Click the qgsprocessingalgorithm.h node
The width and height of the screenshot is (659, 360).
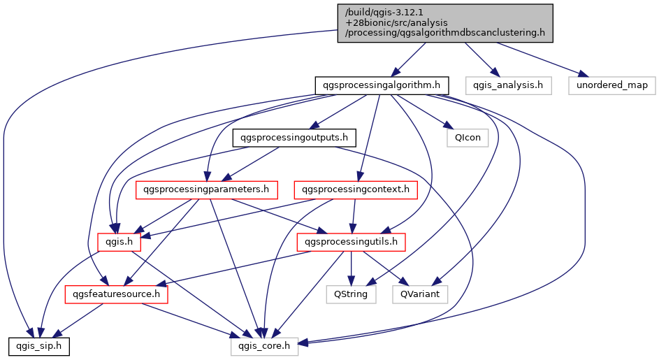pyautogui.click(x=381, y=86)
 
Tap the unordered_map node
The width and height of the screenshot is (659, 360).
pyautogui.click(x=611, y=86)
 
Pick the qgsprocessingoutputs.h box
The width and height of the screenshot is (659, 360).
pyautogui.click(x=294, y=138)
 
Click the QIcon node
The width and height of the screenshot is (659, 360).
pyautogui.click(x=468, y=138)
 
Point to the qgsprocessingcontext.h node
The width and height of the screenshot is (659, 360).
pyautogui.click(x=356, y=189)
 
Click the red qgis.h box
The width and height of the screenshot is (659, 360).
pyautogui.click(x=120, y=242)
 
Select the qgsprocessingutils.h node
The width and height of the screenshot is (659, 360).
pyautogui.click(x=352, y=242)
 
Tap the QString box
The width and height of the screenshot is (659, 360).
pyautogui.click(x=352, y=294)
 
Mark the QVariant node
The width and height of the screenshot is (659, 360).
pyautogui.click(x=420, y=294)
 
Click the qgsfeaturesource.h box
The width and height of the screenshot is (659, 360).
pyautogui.click(x=117, y=294)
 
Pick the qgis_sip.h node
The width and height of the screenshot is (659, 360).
pyautogui.click(x=38, y=345)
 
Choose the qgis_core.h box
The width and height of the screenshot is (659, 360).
pyautogui.click(x=265, y=345)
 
